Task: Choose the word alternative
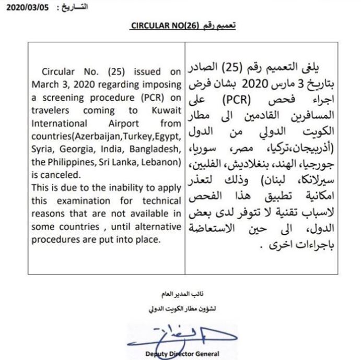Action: tap(155, 227)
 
